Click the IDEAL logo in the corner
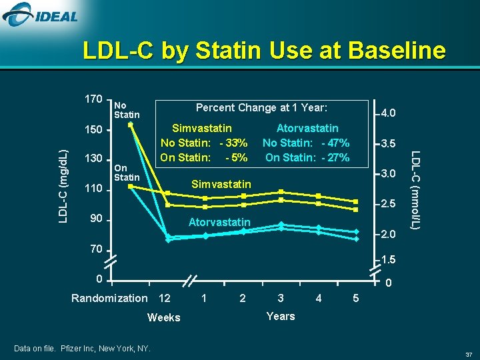[41, 14]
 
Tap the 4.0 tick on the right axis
[389, 113]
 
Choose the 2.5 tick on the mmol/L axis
[389, 204]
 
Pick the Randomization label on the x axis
[109, 298]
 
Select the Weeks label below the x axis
[164, 317]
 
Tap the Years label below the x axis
[280, 316]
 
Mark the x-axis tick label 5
[355, 298]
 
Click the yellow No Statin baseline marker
[131, 124]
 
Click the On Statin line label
[126, 173]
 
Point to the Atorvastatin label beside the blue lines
[219, 222]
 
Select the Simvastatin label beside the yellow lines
[221, 184]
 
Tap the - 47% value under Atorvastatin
[335, 143]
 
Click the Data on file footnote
[82, 349]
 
